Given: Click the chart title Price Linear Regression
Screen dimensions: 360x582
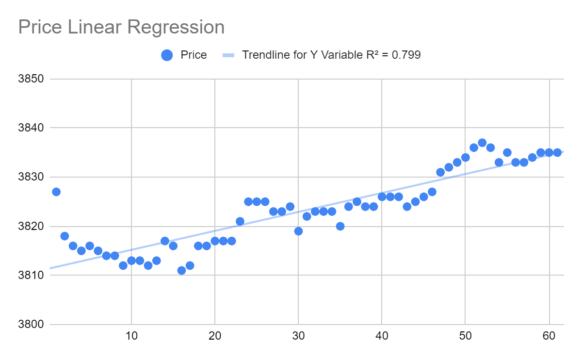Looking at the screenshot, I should click(121, 27).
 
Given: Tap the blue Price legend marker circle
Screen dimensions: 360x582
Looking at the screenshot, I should click(167, 55).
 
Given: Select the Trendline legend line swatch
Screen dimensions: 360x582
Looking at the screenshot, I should click(228, 55).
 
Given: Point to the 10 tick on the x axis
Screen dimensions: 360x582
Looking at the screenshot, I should click(131, 336).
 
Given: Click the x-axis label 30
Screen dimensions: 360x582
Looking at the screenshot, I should click(298, 336).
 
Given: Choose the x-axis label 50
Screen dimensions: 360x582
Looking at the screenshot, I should click(465, 336).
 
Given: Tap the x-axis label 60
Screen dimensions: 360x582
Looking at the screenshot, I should click(549, 336).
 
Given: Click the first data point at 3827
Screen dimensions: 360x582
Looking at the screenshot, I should click(56, 192).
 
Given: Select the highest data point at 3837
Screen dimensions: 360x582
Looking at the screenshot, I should click(482, 143).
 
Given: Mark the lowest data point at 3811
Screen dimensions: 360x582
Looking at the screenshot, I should click(181, 270).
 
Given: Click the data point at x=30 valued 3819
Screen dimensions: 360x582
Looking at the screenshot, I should click(298, 231).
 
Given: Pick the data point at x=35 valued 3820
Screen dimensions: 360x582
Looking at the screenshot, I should click(340, 226).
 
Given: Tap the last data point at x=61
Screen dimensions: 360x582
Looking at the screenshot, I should click(557, 152).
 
